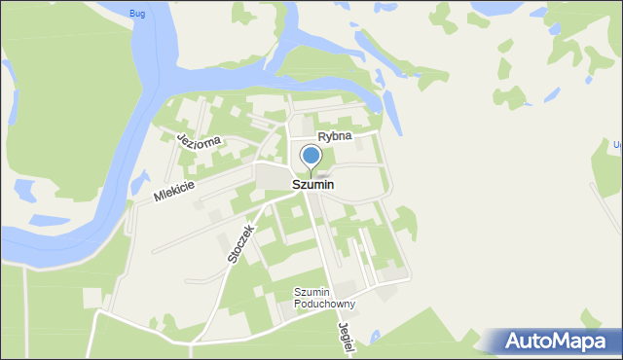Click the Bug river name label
pyautogui.click(x=136, y=13)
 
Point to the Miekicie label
pyautogui.click(x=174, y=191)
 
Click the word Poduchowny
pyautogui.click(x=326, y=305)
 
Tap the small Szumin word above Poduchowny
pyautogui.click(x=313, y=292)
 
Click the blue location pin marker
pyautogui.click(x=311, y=156)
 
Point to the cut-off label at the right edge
pyautogui.click(x=617, y=145)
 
